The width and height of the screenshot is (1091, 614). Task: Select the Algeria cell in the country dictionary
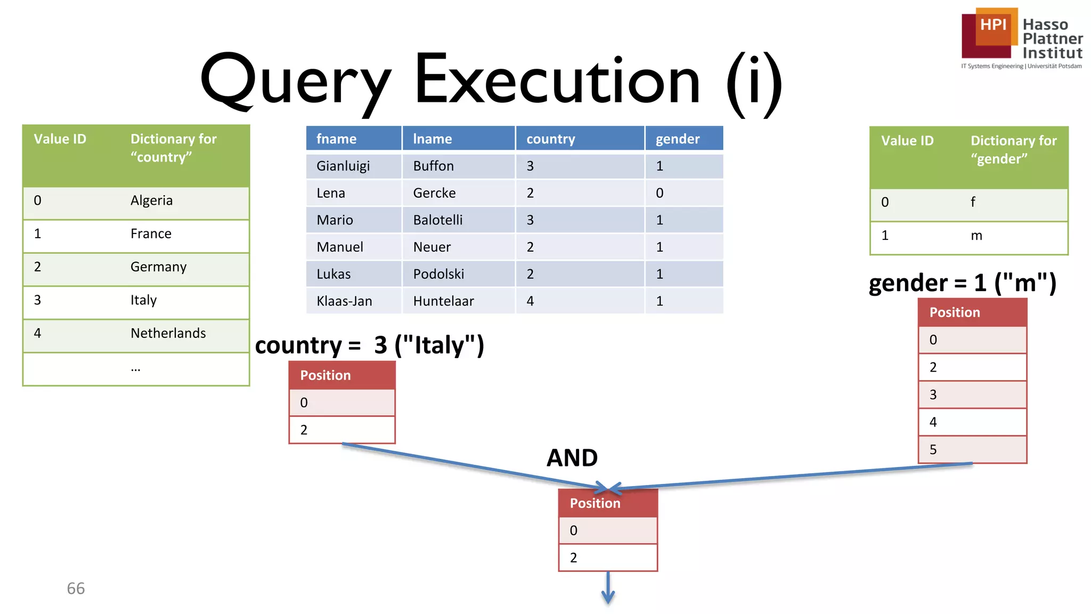(x=151, y=201)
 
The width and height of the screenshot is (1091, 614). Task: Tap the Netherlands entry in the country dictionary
(x=168, y=334)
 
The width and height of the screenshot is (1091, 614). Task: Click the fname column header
(x=336, y=139)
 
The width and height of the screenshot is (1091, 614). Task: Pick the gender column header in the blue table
(x=677, y=139)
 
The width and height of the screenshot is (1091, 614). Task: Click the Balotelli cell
(x=438, y=220)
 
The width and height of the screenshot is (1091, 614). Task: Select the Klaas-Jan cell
(x=344, y=301)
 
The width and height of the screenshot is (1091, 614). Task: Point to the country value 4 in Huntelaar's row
(x=530, y=301)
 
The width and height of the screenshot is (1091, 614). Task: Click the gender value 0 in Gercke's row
(x=660, y=193)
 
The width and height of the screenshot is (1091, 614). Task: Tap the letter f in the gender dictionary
(x=973, y=203)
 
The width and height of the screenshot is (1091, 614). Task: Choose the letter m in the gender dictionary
(x=976, y=236)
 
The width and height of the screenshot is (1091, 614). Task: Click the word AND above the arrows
(x=572, y=458)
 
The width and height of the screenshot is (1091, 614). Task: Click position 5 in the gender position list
(x=933, y=450)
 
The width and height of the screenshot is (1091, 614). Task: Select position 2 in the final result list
(x=574, y=558)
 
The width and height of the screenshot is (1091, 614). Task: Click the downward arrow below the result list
(x=608, y=592)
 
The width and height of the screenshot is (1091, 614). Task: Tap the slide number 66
(x=76, y=588)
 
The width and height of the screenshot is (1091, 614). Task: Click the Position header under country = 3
(x=325, y=375)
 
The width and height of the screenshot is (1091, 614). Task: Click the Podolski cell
(x=438, y=274)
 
